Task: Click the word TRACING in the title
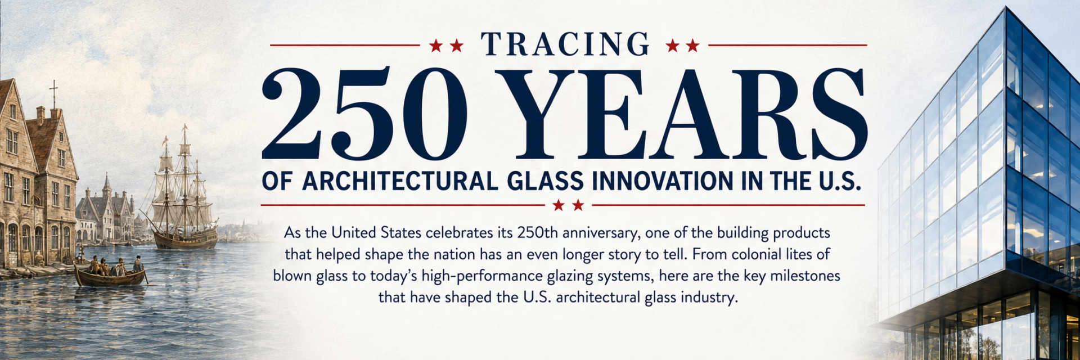(565, 44)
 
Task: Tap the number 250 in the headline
(364, 115)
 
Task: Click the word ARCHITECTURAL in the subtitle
(400, 181)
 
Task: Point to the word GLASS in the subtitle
(545, 181)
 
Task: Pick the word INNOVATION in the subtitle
(663, 181)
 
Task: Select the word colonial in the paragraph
(759, 254)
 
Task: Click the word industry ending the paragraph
(709, 297)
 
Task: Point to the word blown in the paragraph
(291, 276)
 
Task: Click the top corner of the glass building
(1006, 7)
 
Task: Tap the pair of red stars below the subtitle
(568, 205)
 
